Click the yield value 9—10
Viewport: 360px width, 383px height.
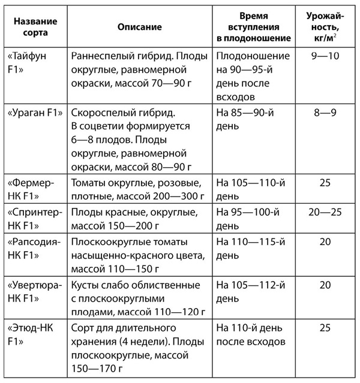[325, 55]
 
